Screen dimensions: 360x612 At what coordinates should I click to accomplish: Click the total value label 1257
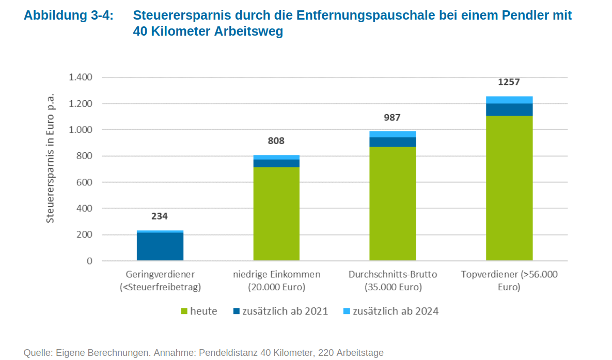pyautogui.click(x=509, y=82)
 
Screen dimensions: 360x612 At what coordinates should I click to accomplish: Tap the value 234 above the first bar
pyautogui.click(x=160, y=216)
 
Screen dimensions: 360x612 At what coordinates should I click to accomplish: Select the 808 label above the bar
pyautogui.click(x=276, y=141)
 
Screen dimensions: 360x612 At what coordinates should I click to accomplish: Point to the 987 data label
pyautogui.click(x=393, y=118)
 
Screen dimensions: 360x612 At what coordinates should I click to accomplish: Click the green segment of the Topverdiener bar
pyautogui.click(x=509, y=188)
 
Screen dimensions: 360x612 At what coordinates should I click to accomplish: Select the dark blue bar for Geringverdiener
pyautogui.click(x=160, y=247)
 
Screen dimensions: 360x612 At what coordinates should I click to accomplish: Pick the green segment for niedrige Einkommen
pyautogui.click(x=276, y=214)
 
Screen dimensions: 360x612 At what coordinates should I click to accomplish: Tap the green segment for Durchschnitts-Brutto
pyautogui.click(x=393, y=204)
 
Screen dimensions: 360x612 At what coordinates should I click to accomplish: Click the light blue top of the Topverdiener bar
pyautogui.click(x=509, y=100)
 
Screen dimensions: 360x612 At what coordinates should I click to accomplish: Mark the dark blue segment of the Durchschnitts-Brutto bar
pyautogui.click(x=393, y=142)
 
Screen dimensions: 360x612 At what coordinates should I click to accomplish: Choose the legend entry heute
pyautogui.click(x=199, y=311)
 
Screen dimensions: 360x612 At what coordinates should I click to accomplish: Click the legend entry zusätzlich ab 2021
pyautogui.click(x=281, y=311)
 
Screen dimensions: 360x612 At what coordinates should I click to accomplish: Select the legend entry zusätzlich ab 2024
pyautogui.click(x=391, y=311)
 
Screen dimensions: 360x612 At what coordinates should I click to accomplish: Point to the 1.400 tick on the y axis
pyautogui.click(x=81, y=77)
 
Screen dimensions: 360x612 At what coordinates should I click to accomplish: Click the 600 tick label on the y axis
pyautogui.click(x=84, y=182)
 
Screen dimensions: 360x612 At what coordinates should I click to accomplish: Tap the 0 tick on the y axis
pyautogui.click(x=90, y=261)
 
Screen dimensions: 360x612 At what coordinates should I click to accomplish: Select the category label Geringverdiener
pyautogui.click(x=160, y=275)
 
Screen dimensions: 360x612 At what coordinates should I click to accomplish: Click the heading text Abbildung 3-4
pyautogui.click(x=69, y=15)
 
